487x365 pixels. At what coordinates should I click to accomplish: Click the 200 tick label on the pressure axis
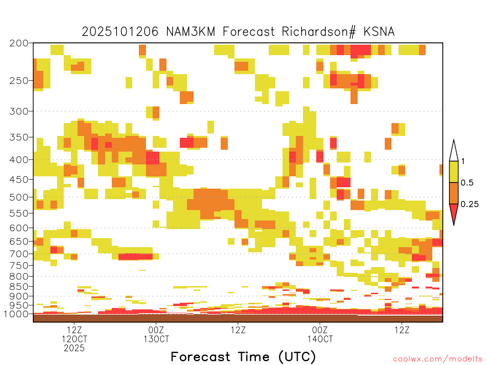[19, 43]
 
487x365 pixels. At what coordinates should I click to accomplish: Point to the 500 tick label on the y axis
[19, 197]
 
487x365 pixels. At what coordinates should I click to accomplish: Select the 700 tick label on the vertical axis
[19, 254]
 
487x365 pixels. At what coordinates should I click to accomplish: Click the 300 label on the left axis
[19, 111]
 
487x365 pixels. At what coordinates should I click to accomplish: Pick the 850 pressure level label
[19, 287]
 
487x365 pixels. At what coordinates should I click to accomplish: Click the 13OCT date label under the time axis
[156, 339]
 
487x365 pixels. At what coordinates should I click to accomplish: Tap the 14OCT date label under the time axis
[320, 339]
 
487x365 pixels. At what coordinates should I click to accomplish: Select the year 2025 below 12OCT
[74, 348]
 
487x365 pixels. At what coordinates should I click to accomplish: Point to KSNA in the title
[379, 32]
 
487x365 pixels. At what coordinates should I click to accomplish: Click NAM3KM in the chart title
[191, 32]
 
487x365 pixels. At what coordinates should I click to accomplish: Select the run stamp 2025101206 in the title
[120, 32]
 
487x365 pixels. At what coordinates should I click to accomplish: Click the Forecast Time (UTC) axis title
[243, 356]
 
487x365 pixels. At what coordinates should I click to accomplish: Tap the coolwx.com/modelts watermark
[438, 359]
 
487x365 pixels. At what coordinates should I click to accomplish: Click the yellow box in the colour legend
[454, 172]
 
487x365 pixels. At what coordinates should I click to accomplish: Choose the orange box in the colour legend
[454, 193]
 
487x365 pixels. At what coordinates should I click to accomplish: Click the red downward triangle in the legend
[454, 212]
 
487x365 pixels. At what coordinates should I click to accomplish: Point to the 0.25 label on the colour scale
[469, 204]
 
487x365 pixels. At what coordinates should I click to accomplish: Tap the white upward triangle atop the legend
[454, 153]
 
